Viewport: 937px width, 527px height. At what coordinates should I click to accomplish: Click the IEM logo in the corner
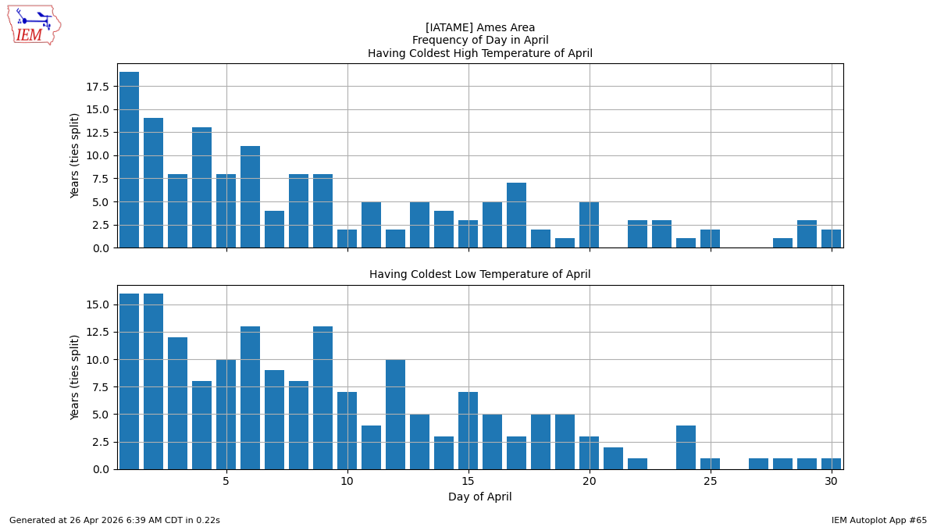[x=34, y=25]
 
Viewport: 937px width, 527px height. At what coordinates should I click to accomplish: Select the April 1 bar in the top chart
[x=130, y=160]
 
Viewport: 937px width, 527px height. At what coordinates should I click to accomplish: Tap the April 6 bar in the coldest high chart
[x=251, y=197]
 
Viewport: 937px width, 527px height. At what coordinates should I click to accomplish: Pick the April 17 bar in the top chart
[x=517, y=215]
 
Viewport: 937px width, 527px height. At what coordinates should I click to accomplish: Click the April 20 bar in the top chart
[x=590, y=225]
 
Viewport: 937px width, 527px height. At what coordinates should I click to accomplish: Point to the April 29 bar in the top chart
[x=807, y=234]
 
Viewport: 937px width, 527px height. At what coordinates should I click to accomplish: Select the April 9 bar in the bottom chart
[x=323, y=397]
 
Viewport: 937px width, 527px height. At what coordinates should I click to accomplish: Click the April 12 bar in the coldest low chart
[x=396, y=414]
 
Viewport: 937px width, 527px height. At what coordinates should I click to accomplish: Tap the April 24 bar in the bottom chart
[x=686, y=447]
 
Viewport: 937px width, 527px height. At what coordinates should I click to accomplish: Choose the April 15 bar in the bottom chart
[x=468, y=430]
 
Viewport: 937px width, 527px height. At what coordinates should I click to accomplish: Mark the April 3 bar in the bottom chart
[x=178, y=403]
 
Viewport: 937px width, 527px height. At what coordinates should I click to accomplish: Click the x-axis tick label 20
[x=590, y=480]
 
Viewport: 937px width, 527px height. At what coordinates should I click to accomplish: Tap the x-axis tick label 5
[x=226, y=480]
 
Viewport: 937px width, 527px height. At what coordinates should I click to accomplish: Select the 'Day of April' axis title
[x=479, y=497]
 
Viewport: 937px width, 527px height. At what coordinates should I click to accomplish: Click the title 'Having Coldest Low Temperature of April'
[x=479, y=275]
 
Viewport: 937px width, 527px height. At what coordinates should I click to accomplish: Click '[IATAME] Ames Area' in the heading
[x=479, y=27]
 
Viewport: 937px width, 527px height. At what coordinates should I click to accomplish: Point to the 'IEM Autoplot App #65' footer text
[x=878, y=520]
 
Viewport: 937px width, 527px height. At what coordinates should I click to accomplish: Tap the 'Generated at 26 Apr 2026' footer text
[x=115, y=520]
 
